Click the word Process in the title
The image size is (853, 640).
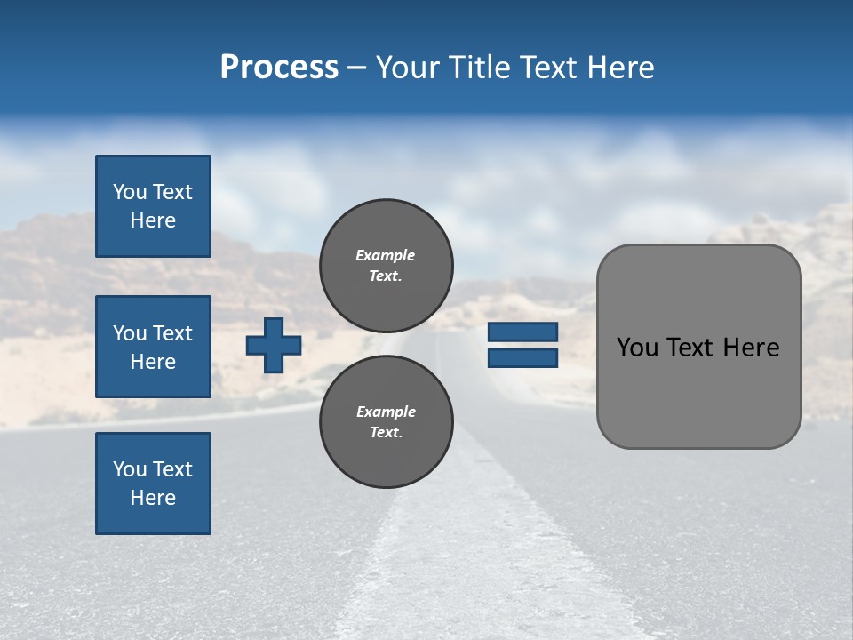coord(279,68)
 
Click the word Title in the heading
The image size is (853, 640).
coord(478,68)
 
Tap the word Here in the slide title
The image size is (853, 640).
coord(619,68)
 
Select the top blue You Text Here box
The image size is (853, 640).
coord(153,206)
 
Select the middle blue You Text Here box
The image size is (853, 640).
coord(153,347)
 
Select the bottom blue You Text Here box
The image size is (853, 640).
coord(153,484)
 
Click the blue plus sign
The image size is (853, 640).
coord(274,346)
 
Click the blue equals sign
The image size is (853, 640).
coord(523,345)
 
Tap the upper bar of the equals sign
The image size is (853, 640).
coord(523,332)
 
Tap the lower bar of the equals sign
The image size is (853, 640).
coord(523,358)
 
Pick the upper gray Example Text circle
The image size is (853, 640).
coord(387,266)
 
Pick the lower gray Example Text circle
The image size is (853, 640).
coord(387,422)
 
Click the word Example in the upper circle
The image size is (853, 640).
coord(386,255)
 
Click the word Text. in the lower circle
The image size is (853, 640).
coord(386,433)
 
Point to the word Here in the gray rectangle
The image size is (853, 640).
coord(751,348)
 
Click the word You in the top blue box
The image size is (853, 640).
coord(130,192)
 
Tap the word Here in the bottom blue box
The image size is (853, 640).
coord(153,498)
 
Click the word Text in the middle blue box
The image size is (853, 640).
coord(172,333)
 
